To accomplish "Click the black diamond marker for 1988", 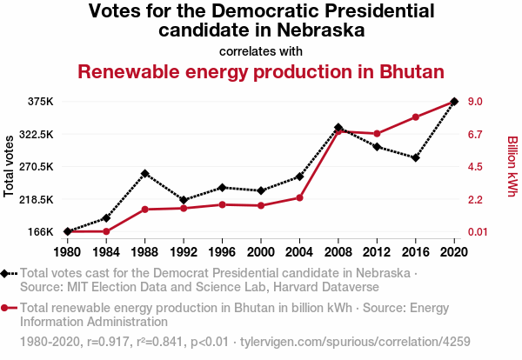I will [x=145, y=174].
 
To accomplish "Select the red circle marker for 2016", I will [x=416, y=117].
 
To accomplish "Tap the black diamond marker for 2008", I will [x=338, y=128].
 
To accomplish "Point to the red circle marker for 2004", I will [x=299, y=197].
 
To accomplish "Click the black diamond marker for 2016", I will [x=416, y=157].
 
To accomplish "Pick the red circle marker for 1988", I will [x=145, y=210].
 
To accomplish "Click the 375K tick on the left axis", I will [x=40, y=102].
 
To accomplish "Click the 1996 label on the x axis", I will [x=222, y=252].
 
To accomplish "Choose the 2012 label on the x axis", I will [x=377, y=252].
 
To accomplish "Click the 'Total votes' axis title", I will [x=10, y=166].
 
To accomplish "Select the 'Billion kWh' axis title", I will [x=512, y=166].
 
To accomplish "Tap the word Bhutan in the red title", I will [x=406, y=71].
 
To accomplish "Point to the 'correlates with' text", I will [x=261, y=50].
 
